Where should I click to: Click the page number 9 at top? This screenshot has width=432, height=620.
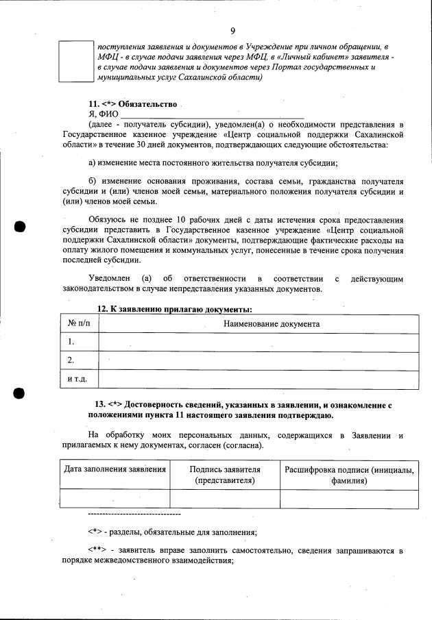233,31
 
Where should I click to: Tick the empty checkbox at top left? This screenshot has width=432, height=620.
76,61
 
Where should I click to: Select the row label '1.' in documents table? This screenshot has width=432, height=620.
71,342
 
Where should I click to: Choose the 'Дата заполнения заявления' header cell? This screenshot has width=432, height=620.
115,469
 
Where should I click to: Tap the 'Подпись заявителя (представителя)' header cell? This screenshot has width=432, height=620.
225,475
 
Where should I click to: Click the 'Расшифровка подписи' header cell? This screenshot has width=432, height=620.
349,475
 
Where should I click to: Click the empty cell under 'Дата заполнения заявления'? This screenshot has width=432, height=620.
115,499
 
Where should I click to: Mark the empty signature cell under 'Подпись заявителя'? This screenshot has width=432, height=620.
225,499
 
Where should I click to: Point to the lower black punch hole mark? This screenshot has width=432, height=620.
19,393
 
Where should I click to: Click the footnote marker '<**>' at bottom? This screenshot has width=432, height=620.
98,550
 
